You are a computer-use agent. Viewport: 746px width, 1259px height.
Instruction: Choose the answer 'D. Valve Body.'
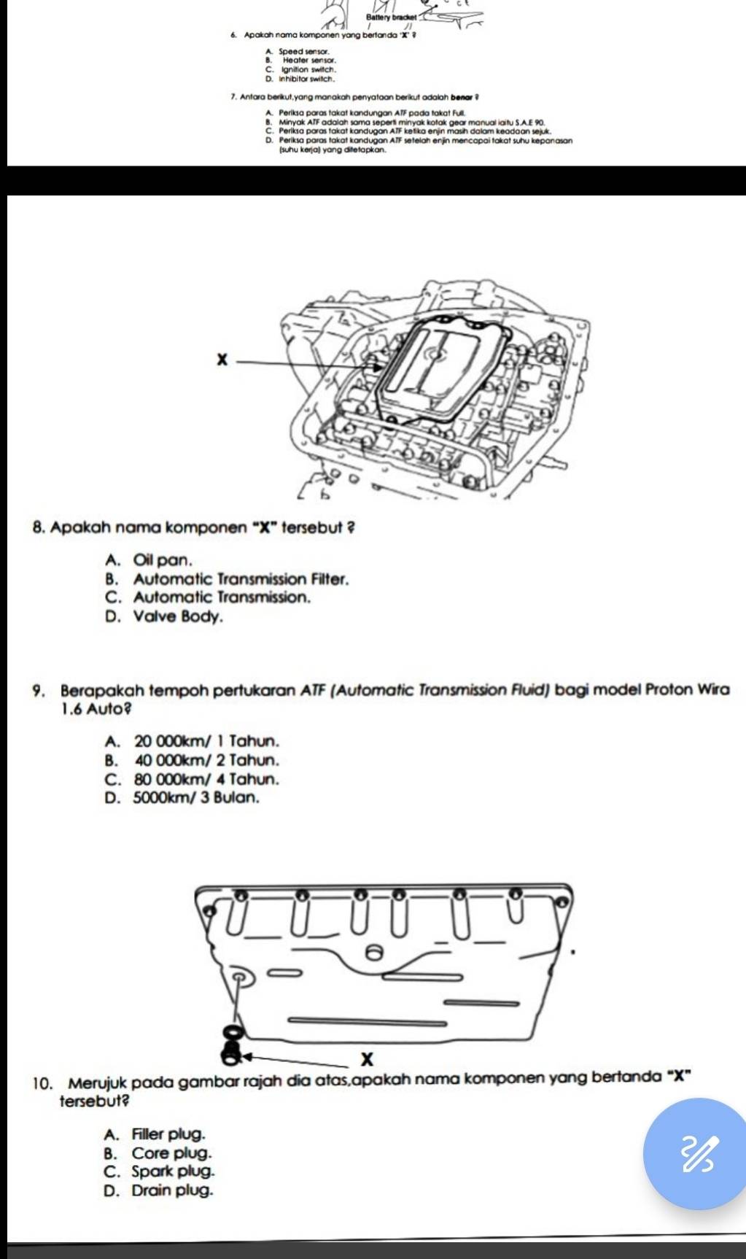tap(164, 616)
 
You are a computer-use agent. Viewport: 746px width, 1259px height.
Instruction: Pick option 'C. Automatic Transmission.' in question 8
tap(208, 597)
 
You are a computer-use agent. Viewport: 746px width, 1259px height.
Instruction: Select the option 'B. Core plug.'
tap(158, 1153)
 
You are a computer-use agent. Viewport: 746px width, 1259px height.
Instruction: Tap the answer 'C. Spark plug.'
tap(160, 1172)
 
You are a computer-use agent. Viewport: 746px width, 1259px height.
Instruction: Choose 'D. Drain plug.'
tap(159, 1191)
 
